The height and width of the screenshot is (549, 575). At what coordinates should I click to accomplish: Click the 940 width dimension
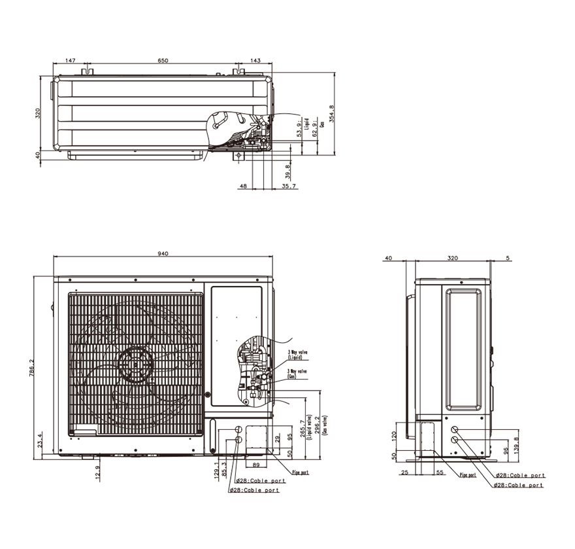tap(163, 253)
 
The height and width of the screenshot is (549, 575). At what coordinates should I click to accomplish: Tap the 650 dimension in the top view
tap(163, 60)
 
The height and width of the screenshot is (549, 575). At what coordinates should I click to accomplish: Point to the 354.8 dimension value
tap(332, 116)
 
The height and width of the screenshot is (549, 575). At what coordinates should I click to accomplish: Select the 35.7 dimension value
tap(289, 186)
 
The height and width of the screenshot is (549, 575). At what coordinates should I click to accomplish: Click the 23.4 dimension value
tap(40, 440)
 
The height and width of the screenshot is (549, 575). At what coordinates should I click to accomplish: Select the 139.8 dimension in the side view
tap(516, 442)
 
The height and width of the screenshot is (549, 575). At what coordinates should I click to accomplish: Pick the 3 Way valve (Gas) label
tap(294, 374)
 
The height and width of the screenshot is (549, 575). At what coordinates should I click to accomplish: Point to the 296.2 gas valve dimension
tap(318, 427)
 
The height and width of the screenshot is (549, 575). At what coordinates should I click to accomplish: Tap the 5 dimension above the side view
tap(507, 258)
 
